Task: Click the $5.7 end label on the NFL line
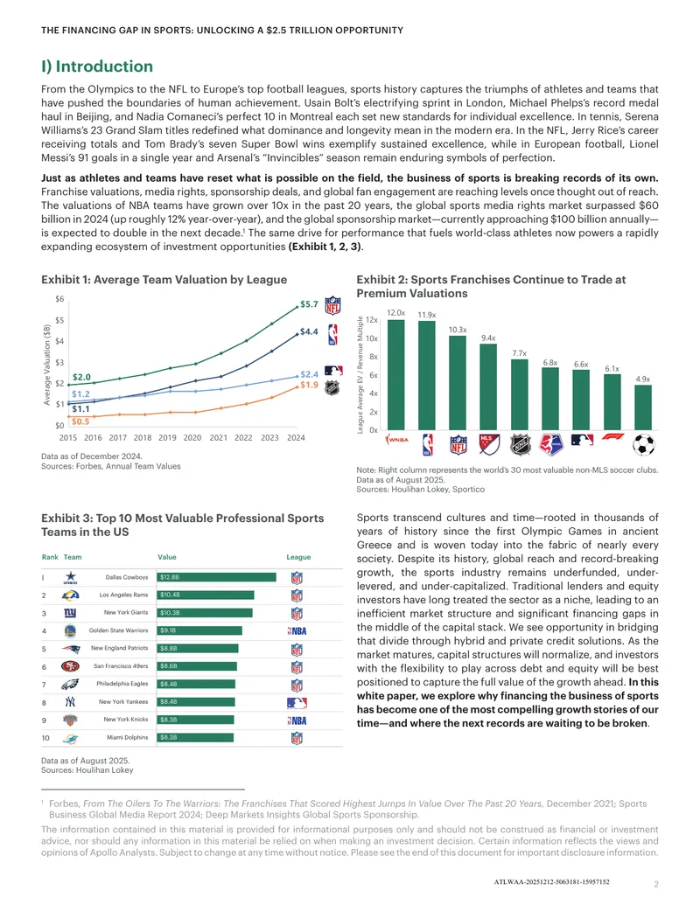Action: click(309, 304)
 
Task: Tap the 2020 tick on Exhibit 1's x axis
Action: click(192, 437)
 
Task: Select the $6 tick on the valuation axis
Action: click(60, 299)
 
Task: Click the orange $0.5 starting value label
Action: click(80, 421)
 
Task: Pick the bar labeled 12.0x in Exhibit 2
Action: click(395, 374)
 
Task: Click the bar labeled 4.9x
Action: click(643, 407)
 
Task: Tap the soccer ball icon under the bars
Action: click(643, 444)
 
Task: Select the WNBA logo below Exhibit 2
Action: click(396, 440)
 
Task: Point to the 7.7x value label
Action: click(519, 353)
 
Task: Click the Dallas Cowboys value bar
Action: click(217, 577)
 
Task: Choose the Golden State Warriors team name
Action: click(118, 630)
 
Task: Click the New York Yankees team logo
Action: click(70, 702)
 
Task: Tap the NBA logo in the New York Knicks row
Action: click(297, 721)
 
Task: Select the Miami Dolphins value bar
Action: click(195, 738)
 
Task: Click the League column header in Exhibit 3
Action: click(298, 557)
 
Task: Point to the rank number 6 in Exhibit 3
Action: click(44, 666)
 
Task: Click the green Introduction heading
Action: click(97, 66)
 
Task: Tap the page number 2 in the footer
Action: click(656, 884)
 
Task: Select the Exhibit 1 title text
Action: click(164, 279)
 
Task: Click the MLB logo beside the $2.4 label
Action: click(333, 371)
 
